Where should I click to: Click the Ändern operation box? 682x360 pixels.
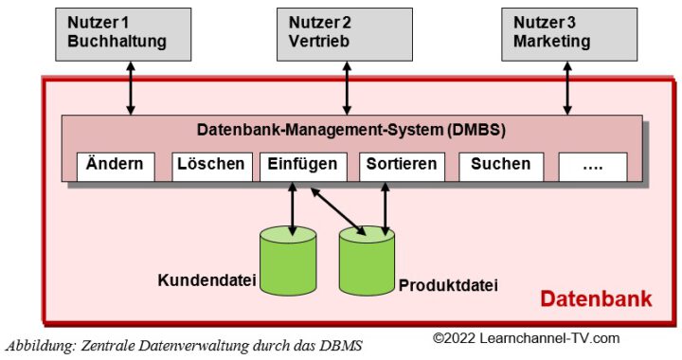pyautogui.click(x=114, y=165)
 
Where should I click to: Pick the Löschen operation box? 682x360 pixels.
pyautogui.click(x=210, y=165)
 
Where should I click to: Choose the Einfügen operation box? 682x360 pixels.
pyautogui.click(x=302, y=165)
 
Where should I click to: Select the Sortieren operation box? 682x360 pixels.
pyautogui.click(x=403, y=165)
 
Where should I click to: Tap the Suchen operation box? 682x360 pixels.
pyautogui.click(x=501, y=165)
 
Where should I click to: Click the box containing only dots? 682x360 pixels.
pyautogui.click(x=592, y=165)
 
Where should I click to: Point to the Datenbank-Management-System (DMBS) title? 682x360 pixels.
pyautogui.click(x=352, y=130)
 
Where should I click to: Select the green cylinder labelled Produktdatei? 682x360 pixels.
pyautogui.click(x=368, y=263)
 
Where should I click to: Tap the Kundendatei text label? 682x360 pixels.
pyautogui.click(x=204, y=280)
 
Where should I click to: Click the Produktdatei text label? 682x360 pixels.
pyautogui.click(x=448, y=284)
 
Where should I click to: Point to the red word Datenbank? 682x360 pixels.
pyautogui.click(x=596, y=299)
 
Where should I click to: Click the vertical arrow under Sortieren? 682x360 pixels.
pyautogui.click(x=384, y=205)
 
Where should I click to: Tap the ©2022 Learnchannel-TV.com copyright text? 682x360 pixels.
pyautogui.click(x=527, y=337)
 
